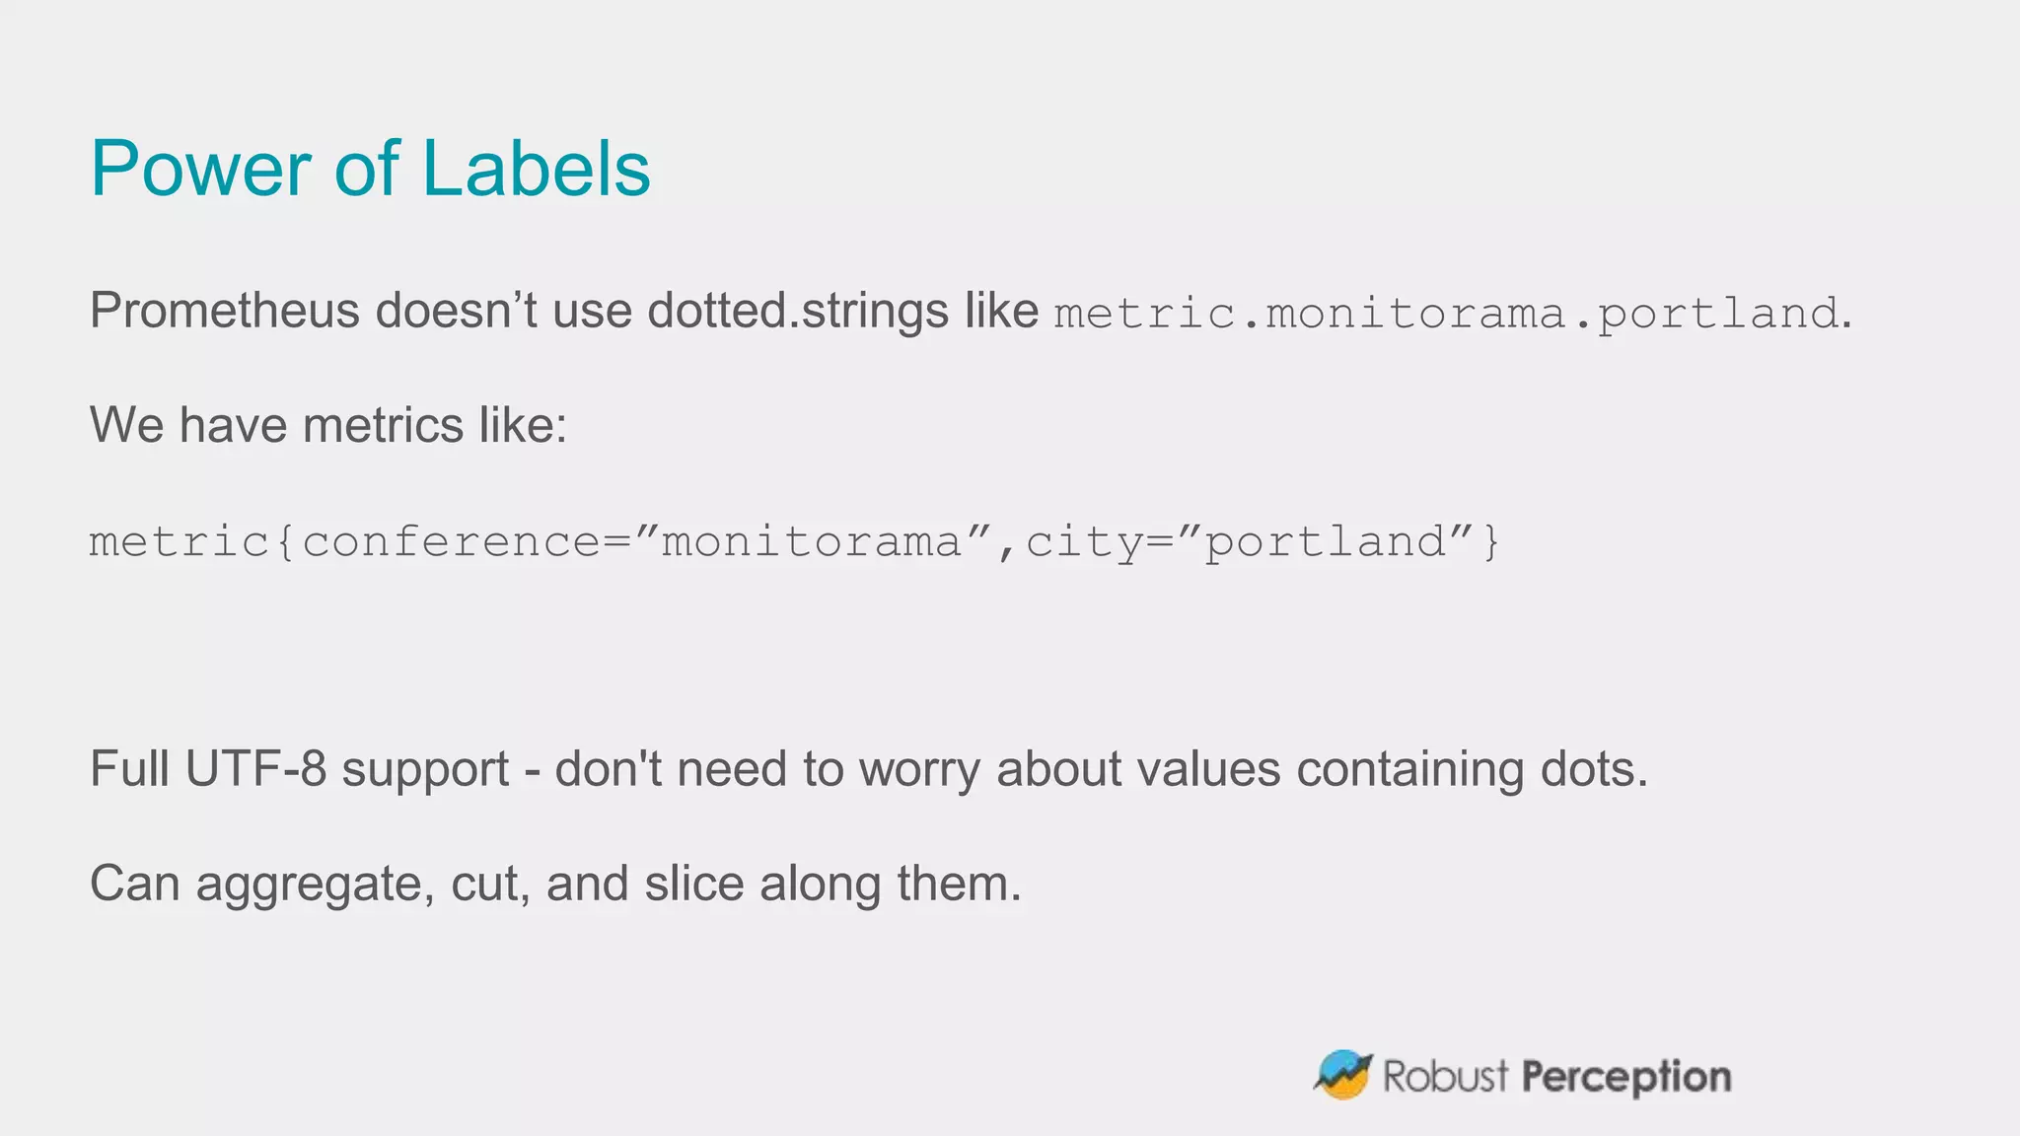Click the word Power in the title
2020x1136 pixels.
201,169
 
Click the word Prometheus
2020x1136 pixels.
224,311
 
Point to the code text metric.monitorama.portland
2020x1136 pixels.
1446,314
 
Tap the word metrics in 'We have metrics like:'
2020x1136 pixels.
383,425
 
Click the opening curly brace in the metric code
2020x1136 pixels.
285,542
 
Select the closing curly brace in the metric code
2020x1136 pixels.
1490,542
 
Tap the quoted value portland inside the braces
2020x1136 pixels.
1326,542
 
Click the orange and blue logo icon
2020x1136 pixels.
1343,1075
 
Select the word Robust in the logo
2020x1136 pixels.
1445,1076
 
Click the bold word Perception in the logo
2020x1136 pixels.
1626,1077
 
